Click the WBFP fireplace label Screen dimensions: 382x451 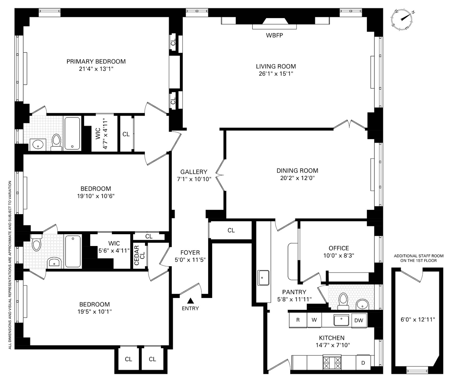click(274, 36)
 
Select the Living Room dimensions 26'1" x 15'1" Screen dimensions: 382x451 click(276, 74)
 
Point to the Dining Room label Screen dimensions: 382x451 click(297, 171)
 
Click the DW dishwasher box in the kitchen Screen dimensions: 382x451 click(359, 320)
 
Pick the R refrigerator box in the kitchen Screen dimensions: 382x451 click(298, 320)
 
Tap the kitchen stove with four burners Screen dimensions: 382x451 click(332, 363)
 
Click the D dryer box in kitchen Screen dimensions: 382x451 click(363, 363)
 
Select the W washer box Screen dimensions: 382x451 click(314, 320)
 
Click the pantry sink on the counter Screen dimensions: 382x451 click(263, 278)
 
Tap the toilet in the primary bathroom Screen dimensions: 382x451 click(57, 142)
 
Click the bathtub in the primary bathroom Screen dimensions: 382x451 click(73, 133)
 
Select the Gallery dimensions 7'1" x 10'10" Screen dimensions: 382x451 click(194, 179)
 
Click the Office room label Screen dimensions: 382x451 click(339, 248)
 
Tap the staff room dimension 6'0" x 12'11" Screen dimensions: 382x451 click(417, 320)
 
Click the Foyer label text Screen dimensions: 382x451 click(190, 253)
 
